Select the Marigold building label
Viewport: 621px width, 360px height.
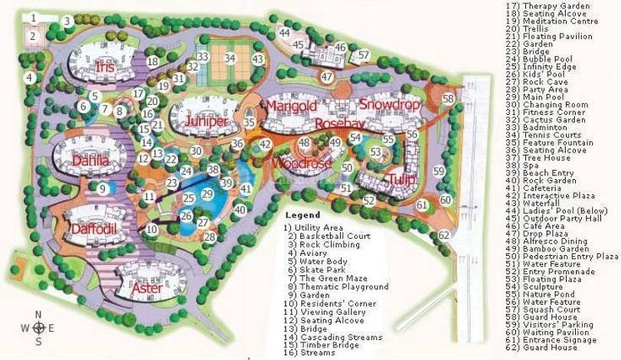[x=291, y=107]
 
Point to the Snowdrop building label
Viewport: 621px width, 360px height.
[x=387, y=105]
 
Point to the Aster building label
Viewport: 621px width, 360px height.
[x=148, y=287]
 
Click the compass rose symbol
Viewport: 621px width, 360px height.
[x=38, y=327]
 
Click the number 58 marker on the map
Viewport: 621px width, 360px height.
[x=448, y=98]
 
